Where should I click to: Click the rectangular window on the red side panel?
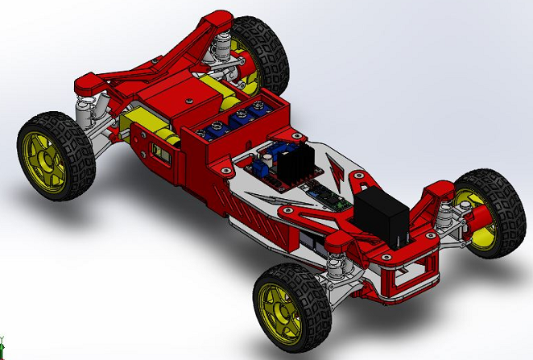166,155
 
